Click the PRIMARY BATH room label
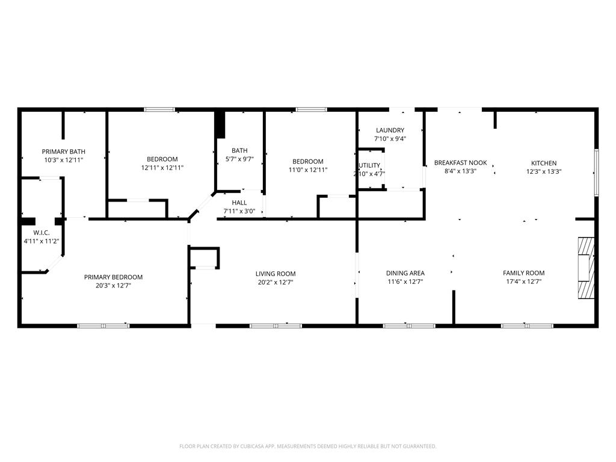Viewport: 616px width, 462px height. click(x=64, y=152)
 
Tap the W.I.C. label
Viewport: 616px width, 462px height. click(x=42, y=233)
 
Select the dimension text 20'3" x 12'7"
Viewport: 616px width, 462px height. click(x=113, y=286)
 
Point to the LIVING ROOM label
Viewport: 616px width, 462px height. click(x=276, y=274)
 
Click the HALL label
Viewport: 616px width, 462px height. click(x=239, y=203)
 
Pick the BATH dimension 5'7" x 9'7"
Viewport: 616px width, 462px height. click(x=239, y=159)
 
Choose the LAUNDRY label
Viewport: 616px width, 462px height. click(x=390, y=130)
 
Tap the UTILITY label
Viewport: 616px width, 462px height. click(x=369, y=165)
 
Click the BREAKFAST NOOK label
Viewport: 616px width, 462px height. click(x=460, y=162)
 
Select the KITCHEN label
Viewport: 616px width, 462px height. click(x=544, y=163)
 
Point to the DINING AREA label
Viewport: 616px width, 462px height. click(x=405, y=273)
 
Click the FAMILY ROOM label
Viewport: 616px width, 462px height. click(x=524, y=273)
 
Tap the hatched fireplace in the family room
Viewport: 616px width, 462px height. click(x=586, y=268)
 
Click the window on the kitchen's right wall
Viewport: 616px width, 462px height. click(x=596, y=172)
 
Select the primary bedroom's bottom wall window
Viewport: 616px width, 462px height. click(x=103, y=325)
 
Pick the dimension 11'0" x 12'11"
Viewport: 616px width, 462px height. click(x=308, y=170)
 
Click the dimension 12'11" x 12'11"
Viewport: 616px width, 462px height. click(x=162, y=168)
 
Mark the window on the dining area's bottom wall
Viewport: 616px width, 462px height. click(x=409, y=325)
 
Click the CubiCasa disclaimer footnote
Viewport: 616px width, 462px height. click(x=307, y=446)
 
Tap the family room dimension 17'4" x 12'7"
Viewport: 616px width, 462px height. click(x=524, y=282)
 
